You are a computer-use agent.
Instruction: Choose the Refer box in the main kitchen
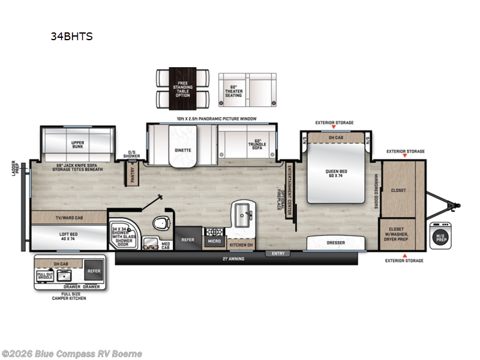(x=187, y=239)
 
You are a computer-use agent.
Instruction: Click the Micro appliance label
(x=214, y=241)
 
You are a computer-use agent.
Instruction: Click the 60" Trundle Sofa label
(x=257, y=145)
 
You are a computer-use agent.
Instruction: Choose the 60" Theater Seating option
(x=247, y=90)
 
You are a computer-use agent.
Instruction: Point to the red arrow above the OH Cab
(x=334, y=128)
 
